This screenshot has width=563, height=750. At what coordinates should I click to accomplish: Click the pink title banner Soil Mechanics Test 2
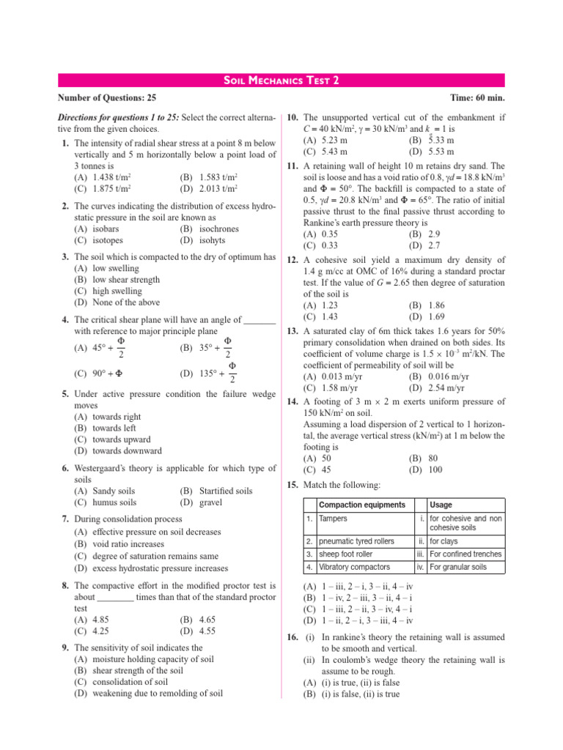[x=281, y=81]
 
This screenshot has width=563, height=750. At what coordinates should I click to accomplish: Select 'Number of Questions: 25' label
[x=107, y=98]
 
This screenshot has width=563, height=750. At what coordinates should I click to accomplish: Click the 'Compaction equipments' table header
[x=362, y=505]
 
